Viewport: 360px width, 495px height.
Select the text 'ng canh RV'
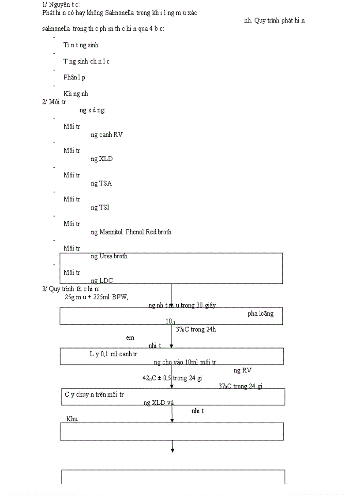point(107,134)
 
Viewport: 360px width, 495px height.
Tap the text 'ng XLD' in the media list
point(101,159)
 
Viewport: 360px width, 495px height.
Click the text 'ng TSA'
point(101,183)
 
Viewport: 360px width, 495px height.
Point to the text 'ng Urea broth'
point(109,256)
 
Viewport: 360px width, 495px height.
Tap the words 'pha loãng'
point(260,313)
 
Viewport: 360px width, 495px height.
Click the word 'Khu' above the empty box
point(72,418)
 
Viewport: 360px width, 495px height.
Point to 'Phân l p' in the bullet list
point(74,78)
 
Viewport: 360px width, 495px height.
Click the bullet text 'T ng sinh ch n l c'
point(86,61)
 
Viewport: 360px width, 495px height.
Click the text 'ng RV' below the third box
point(243,370)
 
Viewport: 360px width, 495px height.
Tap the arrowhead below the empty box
point(172,450)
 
